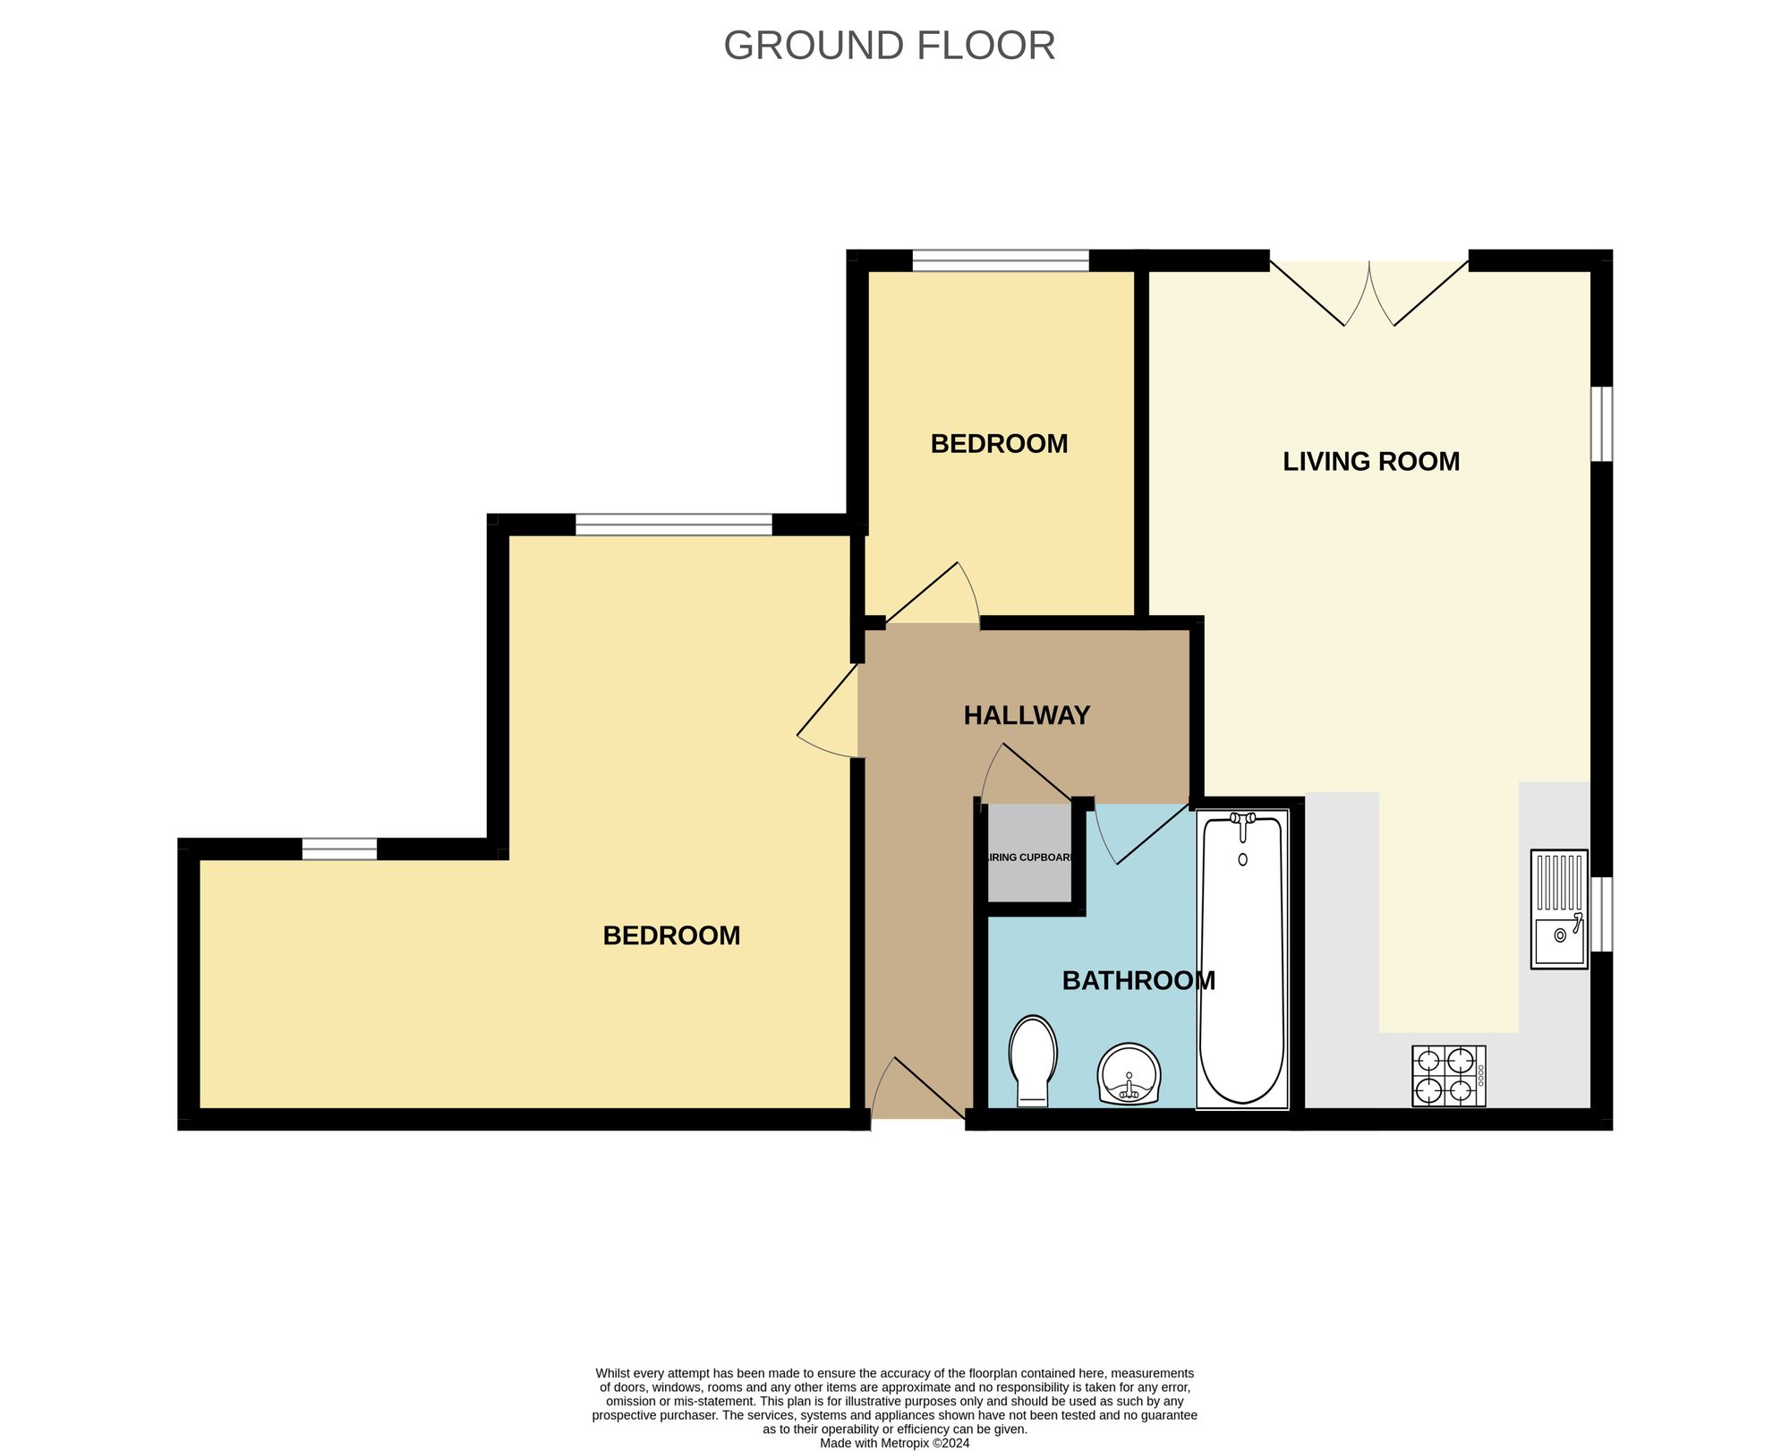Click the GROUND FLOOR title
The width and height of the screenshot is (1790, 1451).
889,46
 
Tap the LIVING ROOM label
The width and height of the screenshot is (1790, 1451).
1370,462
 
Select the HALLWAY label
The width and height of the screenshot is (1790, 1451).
1027,715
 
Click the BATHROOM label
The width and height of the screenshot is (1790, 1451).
1138,981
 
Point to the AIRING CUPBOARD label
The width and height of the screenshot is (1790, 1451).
1029,858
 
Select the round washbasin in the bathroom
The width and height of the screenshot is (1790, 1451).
1129,1074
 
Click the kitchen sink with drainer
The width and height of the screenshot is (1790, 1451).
1558,909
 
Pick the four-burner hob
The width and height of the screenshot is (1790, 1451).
1448,1076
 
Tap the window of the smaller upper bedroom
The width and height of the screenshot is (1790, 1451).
1001,260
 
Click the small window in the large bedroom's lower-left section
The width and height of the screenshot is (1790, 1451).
339,849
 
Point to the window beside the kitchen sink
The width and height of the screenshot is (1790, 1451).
1601,914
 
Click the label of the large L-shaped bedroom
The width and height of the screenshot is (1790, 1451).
671,935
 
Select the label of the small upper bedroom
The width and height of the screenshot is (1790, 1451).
999,444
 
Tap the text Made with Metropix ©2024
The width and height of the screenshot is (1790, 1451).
894,1443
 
